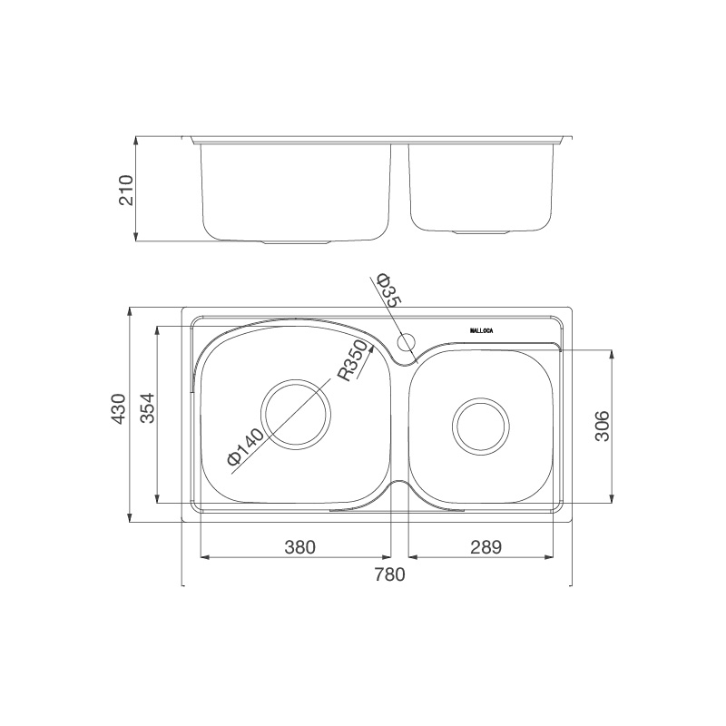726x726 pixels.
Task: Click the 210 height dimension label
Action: [125, 190]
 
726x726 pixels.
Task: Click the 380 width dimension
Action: [299, 547]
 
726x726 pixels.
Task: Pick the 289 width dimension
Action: [486, 547]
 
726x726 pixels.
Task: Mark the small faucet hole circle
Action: [407, 342]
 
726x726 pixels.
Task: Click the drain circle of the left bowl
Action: [297, 413]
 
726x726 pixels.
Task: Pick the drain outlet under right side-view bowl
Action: [482, 232]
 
